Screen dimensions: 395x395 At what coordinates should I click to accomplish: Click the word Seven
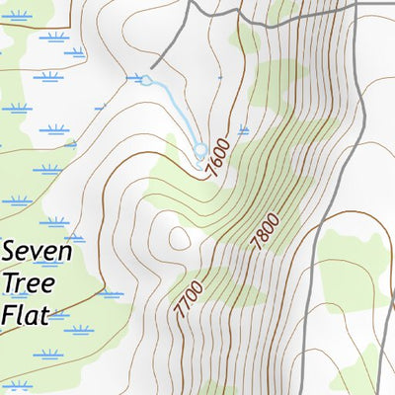pos(37,252)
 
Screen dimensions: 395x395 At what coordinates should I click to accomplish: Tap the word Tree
pos(30,283)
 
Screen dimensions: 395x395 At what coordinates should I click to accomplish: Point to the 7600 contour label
pos(222,159)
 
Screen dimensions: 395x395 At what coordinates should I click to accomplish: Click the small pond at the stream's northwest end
pos(146,81)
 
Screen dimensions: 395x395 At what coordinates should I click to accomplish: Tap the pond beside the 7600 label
pos(200,151)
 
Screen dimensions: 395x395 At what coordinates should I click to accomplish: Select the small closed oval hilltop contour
pos(179,238)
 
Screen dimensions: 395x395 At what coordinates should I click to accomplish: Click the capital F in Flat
pos(9,315)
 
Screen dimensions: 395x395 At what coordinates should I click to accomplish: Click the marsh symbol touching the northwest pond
pos(135,77)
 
